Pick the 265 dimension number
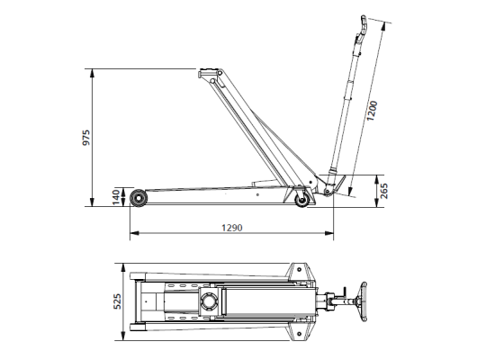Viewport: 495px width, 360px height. coord(384,190)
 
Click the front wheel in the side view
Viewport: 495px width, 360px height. coord(139,197)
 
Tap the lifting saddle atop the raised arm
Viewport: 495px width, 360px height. coord(210,72)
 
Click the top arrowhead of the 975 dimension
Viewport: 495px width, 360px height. coord(93,71)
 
